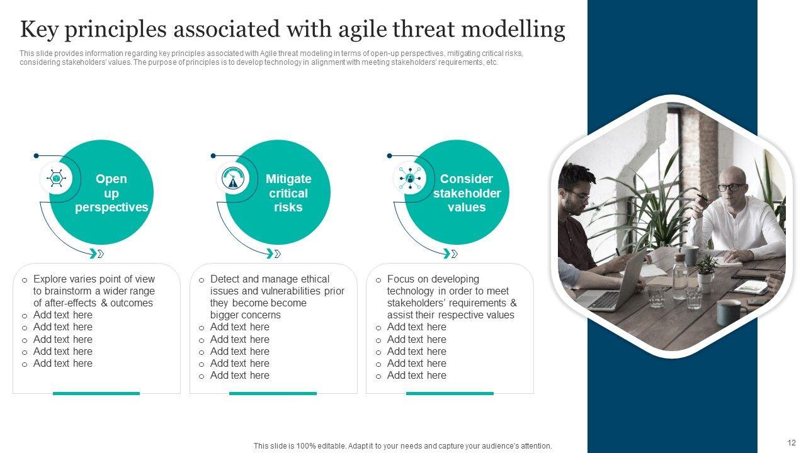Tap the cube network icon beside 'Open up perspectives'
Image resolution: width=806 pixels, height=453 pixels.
(56, 178)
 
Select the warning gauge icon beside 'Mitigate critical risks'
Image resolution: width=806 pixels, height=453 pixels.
(233, 178)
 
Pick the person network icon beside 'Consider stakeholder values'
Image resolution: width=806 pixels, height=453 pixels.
(410, 178)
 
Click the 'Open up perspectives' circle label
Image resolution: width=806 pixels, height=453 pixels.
(111, 193)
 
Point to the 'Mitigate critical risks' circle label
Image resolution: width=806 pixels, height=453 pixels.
(288, 193)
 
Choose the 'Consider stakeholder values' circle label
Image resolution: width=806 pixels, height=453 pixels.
(467, 193)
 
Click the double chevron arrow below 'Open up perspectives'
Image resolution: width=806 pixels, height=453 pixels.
(96, 254)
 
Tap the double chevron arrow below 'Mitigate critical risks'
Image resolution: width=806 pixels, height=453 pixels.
(273, 254)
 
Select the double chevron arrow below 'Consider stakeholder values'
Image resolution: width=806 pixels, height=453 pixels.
(450, 254)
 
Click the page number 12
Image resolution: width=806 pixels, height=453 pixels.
(792, 442)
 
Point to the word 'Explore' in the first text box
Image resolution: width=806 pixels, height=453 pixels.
(50, 279)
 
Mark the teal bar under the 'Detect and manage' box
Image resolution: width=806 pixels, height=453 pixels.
(273, 393)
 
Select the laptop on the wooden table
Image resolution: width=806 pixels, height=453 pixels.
(611, 284)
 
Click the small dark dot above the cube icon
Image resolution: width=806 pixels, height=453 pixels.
(36, 155)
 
